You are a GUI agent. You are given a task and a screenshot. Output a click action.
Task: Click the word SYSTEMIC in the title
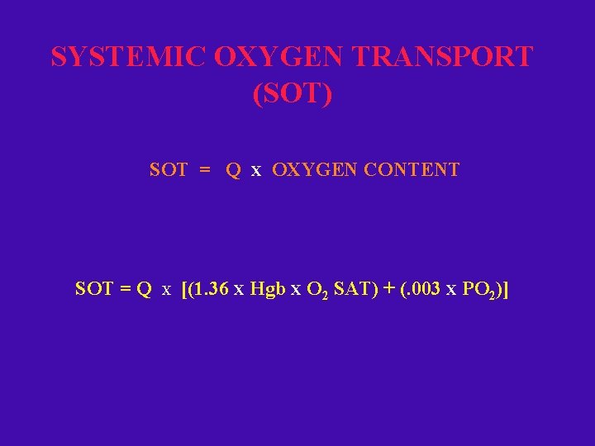click(x=129, y=58)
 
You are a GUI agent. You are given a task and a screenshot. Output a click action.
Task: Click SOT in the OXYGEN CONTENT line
click(x=169, y=170)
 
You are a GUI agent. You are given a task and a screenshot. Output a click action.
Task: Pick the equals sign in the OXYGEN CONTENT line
click(x=205, y=170)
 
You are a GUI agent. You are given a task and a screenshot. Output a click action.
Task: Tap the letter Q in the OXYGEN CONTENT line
click(x=234, y=170)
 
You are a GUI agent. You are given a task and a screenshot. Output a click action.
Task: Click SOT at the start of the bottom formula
click(x=94, y=289)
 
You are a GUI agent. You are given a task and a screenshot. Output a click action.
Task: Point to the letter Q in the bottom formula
click(x=145, y=289)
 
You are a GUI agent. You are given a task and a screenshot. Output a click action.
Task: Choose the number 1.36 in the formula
click(x=212, y=289)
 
